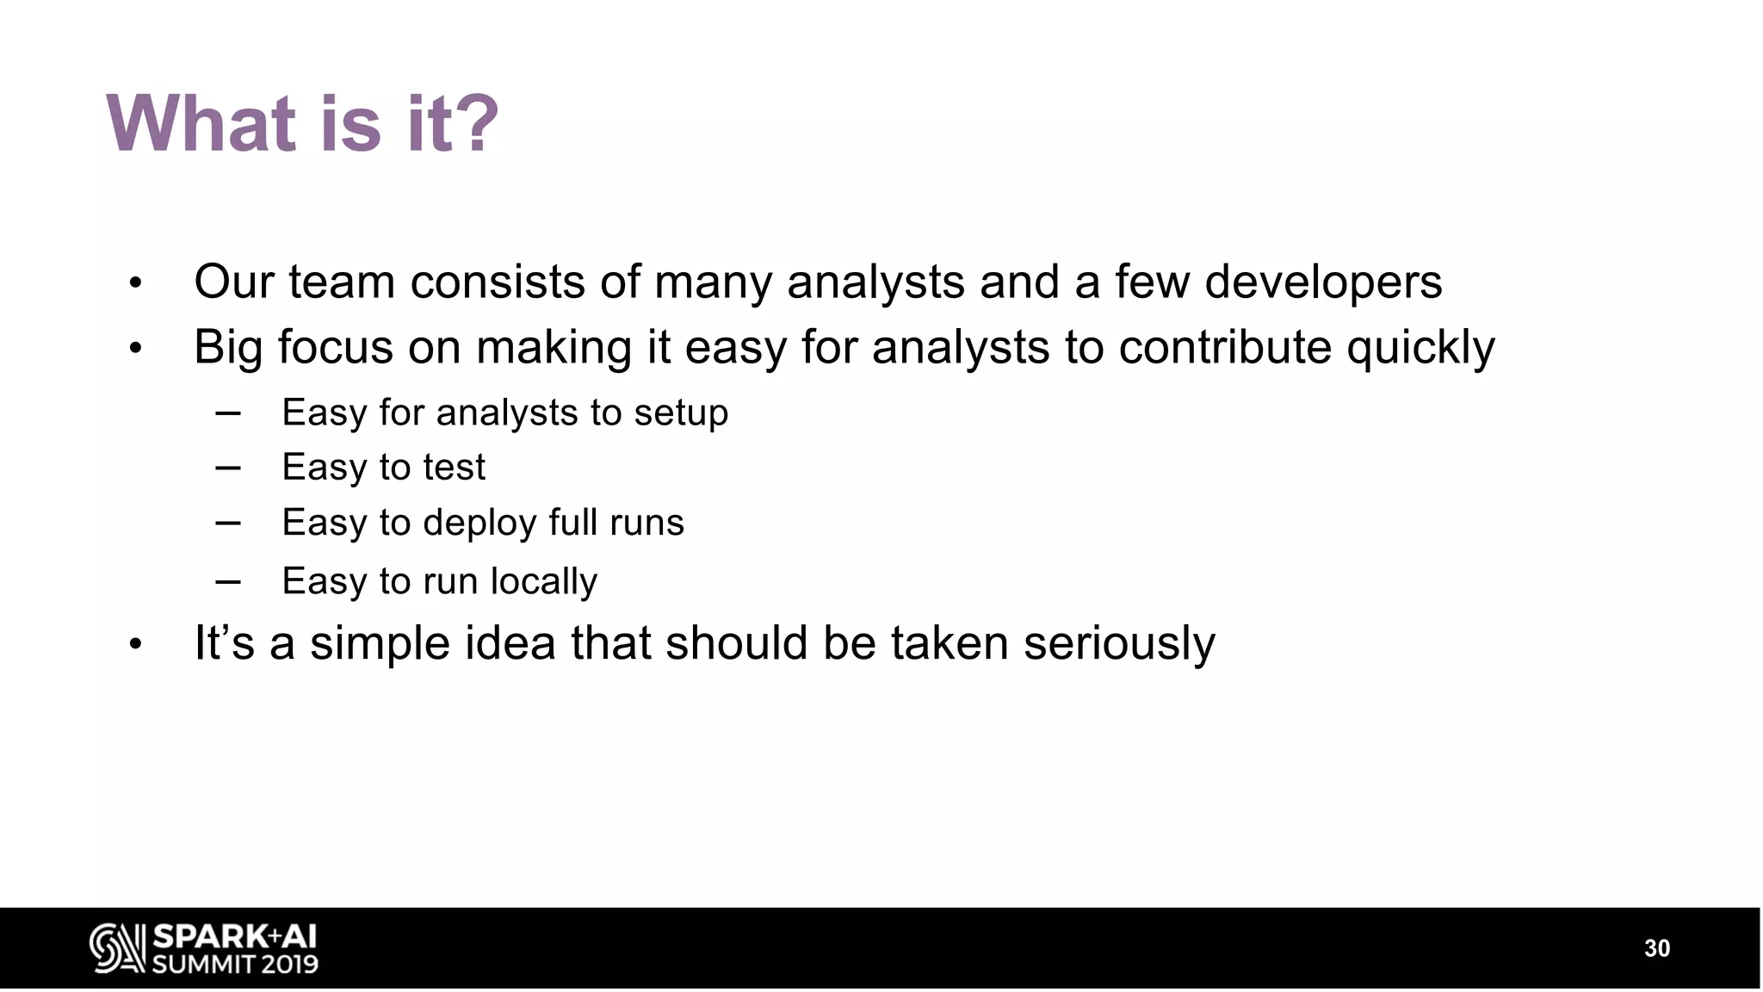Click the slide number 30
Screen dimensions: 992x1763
(1656, 948)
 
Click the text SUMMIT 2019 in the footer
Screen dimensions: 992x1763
(235, 964)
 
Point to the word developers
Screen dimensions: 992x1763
(1322, 282)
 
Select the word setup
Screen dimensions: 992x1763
(681, 413)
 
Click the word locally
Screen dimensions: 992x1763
(543, 582)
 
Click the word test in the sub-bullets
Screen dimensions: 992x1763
(454, 468)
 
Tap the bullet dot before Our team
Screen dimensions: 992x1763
(135, 283)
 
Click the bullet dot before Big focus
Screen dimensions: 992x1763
(135, 350)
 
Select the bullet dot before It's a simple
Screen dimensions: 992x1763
(135, 644)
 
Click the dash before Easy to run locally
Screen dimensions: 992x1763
(228, 581)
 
